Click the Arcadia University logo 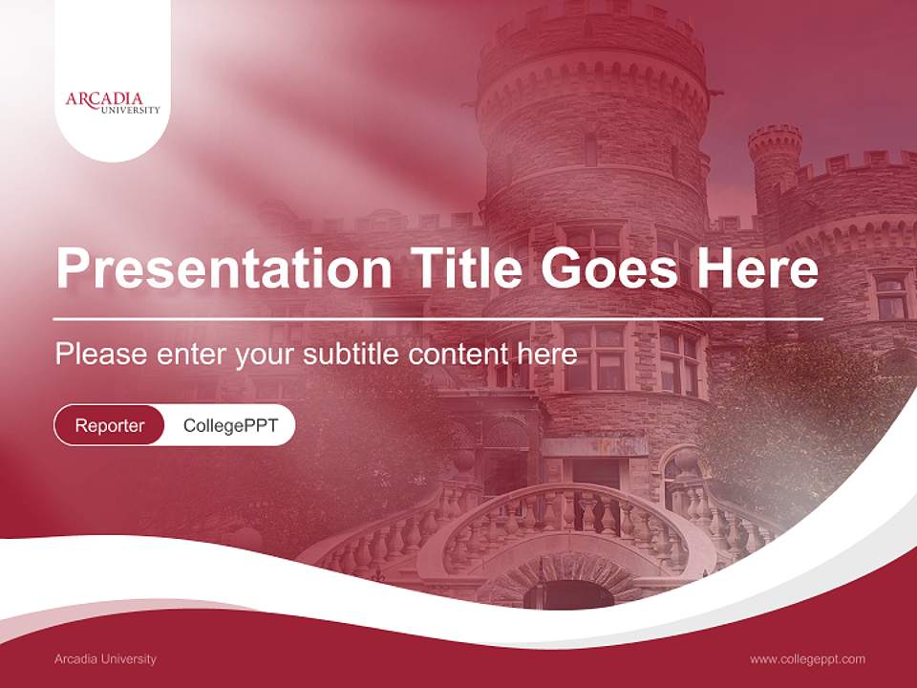(113, 102)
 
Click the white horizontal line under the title (438, 318)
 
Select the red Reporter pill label (110, 425)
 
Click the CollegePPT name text (230, 425)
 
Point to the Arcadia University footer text (105, 658)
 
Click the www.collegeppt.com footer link (807, 658)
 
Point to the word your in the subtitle (267, 355)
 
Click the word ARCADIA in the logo (104, 98)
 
